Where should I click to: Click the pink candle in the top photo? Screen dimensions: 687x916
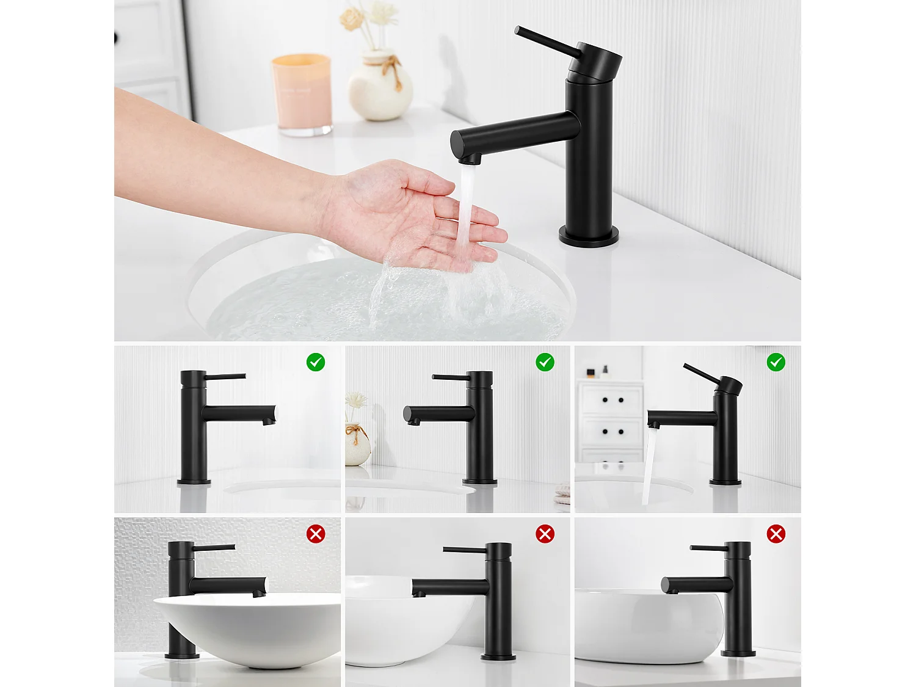tap(302, 93)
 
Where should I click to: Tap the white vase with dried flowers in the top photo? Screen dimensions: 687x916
tap(380, 89)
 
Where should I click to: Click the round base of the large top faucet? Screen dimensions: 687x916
tap(589, 236)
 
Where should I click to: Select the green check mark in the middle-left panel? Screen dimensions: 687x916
tap(316, 362)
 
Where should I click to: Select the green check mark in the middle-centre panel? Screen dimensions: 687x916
tap(545, 362)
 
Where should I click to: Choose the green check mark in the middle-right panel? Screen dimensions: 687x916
tap(776, 362)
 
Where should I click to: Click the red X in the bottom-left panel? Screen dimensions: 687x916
tap(316, 534)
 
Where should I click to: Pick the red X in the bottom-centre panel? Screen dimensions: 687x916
tap(545, 534)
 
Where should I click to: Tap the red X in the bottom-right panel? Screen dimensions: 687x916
tap(776, 534)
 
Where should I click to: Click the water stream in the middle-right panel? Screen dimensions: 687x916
tap(649, 464)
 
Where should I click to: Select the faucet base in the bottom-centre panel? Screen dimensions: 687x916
tap(498, 657)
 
